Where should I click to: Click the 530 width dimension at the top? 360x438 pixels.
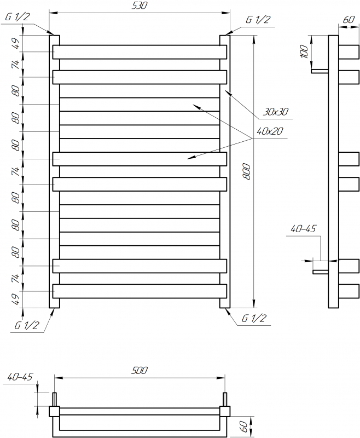(x=140, y=5)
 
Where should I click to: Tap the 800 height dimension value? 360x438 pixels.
(x=247, y=172)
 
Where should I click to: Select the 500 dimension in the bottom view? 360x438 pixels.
(x=140, y=371)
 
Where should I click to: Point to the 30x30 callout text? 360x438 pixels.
(x=275, y=112)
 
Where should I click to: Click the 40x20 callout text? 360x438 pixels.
(x=270, y=131)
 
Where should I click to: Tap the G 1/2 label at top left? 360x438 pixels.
(x=17, y=17)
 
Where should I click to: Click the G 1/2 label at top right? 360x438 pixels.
(x=258, y=20)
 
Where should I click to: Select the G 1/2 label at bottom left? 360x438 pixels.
(x=27, y=325)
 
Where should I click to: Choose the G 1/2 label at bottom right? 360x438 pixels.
(x=254, y=318)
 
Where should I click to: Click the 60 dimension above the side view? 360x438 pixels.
(x=349, y=20)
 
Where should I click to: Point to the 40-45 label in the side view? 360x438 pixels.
(x=303, y=229)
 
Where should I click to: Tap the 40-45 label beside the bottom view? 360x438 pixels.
(x=20, y=377)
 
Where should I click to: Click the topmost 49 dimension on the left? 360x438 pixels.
(x=16, y=43)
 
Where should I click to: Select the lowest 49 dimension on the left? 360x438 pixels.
(x=16, y=299)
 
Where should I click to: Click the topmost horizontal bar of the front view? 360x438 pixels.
(x=140, y=52)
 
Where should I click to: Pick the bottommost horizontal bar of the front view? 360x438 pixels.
(x=140, y=291)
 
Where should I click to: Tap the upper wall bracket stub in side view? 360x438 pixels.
(x=320, y=71)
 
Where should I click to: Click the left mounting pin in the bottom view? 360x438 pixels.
(x=55, y=399)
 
